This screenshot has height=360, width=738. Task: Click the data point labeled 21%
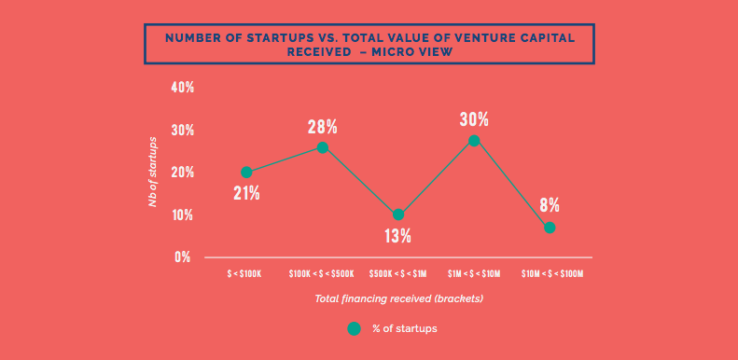coord(246,173)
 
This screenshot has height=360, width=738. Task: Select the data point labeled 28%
coord(323,147)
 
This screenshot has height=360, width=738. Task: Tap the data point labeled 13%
coord(398,215)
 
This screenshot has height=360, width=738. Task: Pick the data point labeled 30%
coord(474,141)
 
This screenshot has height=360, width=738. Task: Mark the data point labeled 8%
coord(550,228)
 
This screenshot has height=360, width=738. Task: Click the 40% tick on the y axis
coord(182,88)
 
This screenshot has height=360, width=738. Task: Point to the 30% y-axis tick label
coord(182,130)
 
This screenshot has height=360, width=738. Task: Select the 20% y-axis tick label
coord(182,173)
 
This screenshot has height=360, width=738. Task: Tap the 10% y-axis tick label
coord(182,215)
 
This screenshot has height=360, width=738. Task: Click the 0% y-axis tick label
coord(184,256)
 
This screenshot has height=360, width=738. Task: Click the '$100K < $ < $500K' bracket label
coord(322,274)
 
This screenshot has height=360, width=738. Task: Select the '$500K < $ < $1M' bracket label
coord(398,274)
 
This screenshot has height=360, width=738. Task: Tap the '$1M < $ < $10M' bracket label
coord(474,274)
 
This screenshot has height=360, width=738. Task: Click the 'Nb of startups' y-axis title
coord(153,172)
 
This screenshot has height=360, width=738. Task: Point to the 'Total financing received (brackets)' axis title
coord(398,298)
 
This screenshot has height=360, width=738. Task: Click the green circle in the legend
coord(354,328)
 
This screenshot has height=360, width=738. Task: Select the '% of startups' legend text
coord(405,328)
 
